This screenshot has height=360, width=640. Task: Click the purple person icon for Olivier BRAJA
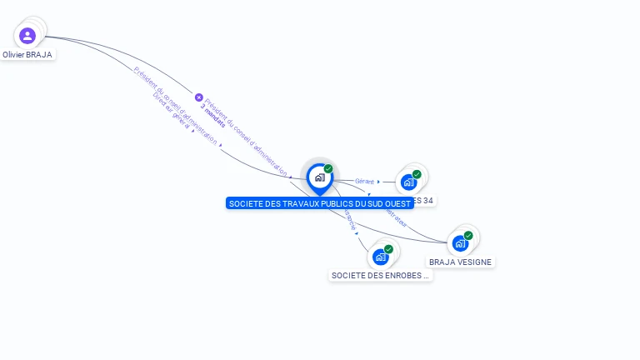coord(27,36)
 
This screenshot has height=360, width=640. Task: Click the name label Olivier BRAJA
coord(27,55)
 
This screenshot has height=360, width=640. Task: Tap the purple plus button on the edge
coord(198,97)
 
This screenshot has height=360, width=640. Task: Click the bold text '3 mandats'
coord(212,120)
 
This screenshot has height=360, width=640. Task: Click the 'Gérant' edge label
coord(364,181)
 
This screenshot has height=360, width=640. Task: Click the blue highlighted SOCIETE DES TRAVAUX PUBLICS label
coord(319,203)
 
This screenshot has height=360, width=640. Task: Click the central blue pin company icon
coord(319,177)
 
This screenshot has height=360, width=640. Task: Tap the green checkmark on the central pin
coord(328,169)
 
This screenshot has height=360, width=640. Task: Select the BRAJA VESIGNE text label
coord(460,262)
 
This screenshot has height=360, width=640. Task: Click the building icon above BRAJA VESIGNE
coord(459,243)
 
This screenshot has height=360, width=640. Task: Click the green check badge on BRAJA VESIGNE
coord(468,236)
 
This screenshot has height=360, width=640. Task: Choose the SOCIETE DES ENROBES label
coord(380,275)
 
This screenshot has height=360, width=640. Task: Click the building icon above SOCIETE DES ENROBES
coord(381,257)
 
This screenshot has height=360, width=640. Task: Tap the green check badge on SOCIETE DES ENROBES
coord(388,249)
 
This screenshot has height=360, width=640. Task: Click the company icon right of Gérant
coord(407,182)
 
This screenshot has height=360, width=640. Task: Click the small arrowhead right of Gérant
coord(378,181)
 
